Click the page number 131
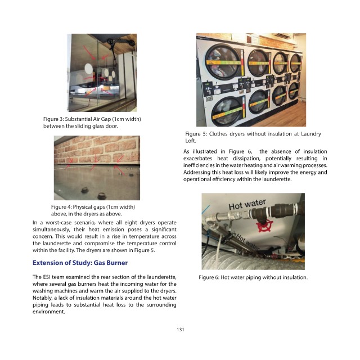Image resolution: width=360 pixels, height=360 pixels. (x=181, y=330)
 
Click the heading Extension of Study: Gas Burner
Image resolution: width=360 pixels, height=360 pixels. (x=80, y=263)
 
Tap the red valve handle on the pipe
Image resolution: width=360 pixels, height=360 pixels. (x=264, y=225)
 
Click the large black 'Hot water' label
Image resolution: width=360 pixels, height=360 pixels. (x=247, y=204)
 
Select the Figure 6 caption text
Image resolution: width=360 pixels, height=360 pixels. (x=253, y=277)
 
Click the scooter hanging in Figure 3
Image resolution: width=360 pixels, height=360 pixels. (x=119, y=46)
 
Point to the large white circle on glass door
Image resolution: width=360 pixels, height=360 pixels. (x=88, y=69)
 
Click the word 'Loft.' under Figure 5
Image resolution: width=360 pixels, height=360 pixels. (x=191, y=141)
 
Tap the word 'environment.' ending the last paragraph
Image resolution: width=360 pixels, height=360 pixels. (x=49, y=312)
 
